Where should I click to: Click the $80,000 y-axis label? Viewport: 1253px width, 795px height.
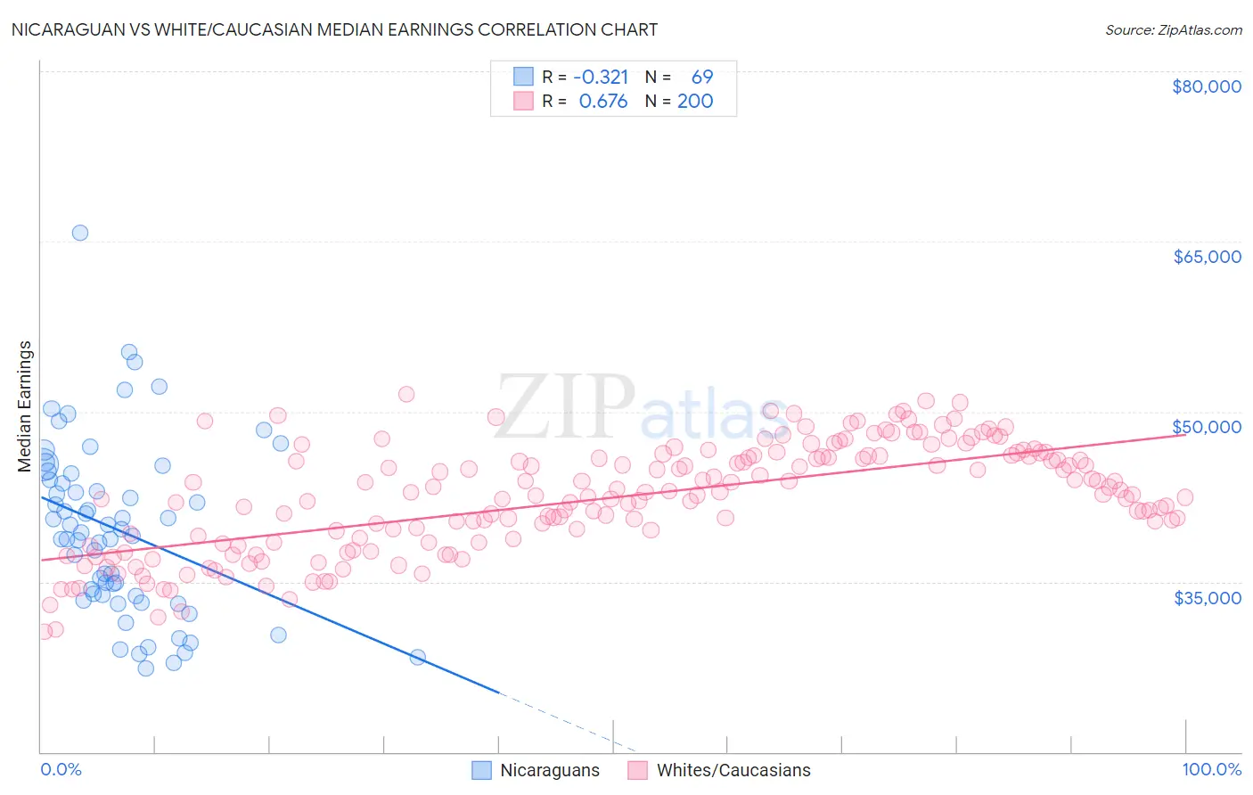point(1207,86)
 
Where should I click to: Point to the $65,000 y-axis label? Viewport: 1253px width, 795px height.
point(1207,257)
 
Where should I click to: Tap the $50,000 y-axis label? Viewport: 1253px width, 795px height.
point(1207,427)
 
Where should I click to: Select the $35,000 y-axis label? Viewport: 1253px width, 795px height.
point(1207,597)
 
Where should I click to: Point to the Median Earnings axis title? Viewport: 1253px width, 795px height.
point(25,406)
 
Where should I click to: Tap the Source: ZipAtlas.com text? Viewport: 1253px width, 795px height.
point(1173,30)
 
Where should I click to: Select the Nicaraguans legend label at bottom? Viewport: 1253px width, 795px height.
point(549,771)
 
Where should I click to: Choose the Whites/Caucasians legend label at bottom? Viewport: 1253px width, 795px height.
point(733,771)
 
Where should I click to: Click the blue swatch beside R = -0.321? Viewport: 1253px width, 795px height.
point(523,78)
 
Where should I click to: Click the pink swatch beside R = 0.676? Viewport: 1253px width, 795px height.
point(523,102)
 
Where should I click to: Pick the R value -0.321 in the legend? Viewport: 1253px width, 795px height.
point(601,78)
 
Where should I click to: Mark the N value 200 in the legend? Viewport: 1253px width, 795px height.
point(695,102)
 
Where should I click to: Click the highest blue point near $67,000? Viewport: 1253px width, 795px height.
point(79,233)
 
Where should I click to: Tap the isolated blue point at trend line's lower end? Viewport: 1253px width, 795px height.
point(417,658)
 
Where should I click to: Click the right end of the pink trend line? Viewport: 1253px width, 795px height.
point(1184,435)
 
